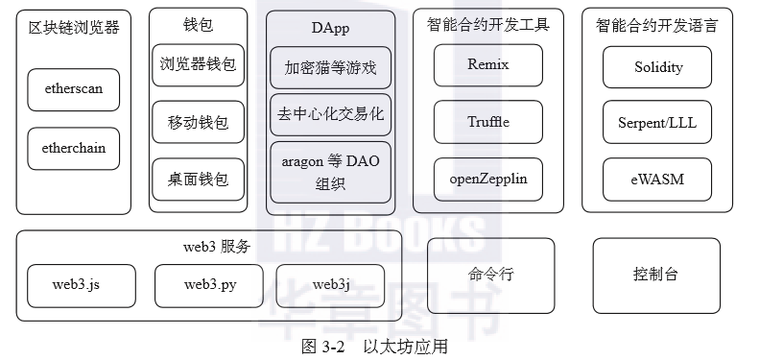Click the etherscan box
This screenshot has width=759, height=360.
pos(73,88)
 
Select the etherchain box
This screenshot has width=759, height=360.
pos(73,149)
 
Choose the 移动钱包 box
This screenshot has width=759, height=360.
pos(197,123)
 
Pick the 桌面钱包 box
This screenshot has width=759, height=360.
pos(197,180)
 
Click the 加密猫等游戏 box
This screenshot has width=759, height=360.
pos(330,68)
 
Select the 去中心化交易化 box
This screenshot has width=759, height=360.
pos(330,114)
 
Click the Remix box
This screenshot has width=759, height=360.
pos(487,65)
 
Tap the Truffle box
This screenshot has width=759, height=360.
pos(487,122)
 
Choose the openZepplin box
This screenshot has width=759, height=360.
pos(487,179)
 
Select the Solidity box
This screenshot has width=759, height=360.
pos(657,67)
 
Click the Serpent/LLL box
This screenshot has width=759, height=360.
pos(657,122)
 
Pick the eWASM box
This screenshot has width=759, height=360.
pos(657,179)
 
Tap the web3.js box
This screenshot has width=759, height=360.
pos(76,285)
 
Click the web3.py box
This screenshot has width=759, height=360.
pos(209,285)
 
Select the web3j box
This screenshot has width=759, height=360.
pos(330,285)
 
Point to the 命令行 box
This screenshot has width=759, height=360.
pos(490,275)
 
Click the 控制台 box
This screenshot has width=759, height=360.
pos(656,275)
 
